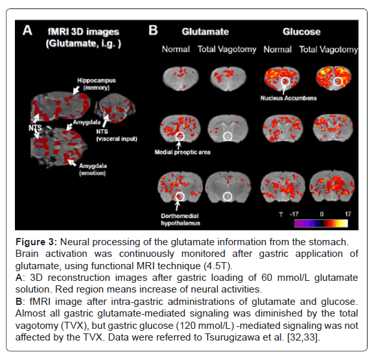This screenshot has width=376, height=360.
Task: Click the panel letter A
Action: pyautogui.click(x=27, y=30)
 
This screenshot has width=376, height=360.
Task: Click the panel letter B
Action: pyautogui.click(x=153, y=30)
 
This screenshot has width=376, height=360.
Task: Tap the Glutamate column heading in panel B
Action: pyautogui.click(x=206, y=32)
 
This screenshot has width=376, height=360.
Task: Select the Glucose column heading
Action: pyautogui.click(x=301, y=32)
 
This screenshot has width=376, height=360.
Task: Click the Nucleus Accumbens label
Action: pyautogui.click(x=288, y=98)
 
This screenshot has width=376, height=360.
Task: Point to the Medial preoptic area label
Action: pyautogui.click(x=182, y=152)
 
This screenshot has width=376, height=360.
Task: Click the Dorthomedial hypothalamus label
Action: pyautogui.click(x=180, y=220)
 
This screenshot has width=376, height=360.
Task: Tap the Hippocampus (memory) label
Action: pyautogui.click(x=97, y=84)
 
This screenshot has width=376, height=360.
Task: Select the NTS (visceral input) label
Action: pyautogui.click(x=117, y=135)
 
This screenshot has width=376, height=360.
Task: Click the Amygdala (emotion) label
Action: pyautogui.click(x=93, y=169)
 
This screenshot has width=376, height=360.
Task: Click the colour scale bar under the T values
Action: pyautogui.click(x=321, y=223)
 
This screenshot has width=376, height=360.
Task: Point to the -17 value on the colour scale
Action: pyautogui.click(x=294, y=214)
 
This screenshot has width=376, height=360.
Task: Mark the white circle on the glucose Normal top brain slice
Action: pyautogui.click(x=285, y=82)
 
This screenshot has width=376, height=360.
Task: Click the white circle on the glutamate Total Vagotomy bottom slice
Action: pyautogui.click(x=228, y=197)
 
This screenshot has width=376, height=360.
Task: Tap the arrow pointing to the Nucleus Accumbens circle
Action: pyautogui.click(x=284, y=90)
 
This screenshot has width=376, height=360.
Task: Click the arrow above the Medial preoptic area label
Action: pyautogui.click(x=179, y=145)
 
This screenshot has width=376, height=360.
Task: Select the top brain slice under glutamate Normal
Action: pyautogui.click(x=181, y=78)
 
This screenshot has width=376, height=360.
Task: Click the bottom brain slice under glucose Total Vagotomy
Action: pyautogui.click(x=332, y=187)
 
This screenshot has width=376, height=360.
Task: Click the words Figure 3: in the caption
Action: pyautogui.click(x=36, y=242)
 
